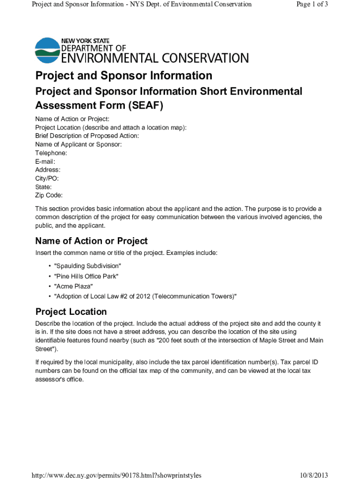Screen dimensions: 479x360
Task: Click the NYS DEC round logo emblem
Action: [x=47, y=50]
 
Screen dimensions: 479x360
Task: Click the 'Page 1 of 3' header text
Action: [x=312, y=4]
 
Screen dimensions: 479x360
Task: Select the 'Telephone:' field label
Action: [x=51, y=153]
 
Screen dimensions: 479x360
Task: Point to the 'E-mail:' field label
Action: [x=45, y=161]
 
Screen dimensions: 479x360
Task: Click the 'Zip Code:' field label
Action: [x=49, y=195]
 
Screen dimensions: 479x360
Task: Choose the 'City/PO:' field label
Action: [x=47, y=178]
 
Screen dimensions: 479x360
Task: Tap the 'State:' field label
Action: [x=43, y=187]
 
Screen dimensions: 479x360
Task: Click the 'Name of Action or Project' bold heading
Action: [x=91, y=241]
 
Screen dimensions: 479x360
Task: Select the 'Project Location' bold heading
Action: [x=71, y=312]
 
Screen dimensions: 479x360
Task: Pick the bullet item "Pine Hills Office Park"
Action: [x=86, y=276]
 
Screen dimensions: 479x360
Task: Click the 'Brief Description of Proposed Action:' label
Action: [x=87, y=136]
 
